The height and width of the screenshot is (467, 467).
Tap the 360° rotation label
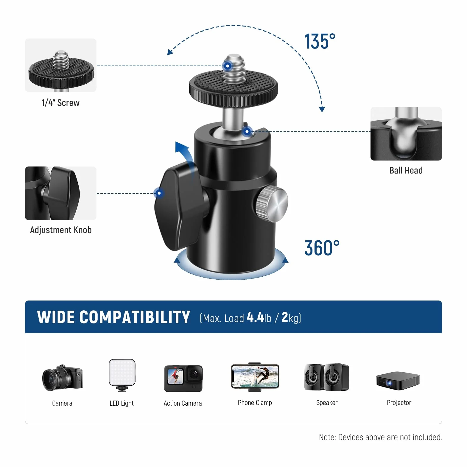pyautogui.click(x=322, y=248)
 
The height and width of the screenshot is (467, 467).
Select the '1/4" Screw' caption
pyautogui.click(x=60, y=103)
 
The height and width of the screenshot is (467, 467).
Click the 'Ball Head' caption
pyautogui.click(x=406, y=170)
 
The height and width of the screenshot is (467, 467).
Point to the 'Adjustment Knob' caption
pyautogui.click(x=61, y=230)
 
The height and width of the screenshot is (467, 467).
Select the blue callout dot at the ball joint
pyautogui.click(x=247, y=131)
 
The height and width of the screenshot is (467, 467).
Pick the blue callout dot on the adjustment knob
pyautogui.click(x=159, y=193)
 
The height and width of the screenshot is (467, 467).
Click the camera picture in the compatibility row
pyautogui.click(x=62, y=377)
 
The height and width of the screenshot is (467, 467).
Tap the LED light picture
pyautogui.click(x=122, y=375)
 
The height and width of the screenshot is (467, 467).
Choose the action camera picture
pyautogui.click(x=183, y=379)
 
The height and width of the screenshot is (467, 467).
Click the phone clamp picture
pyautogui.click(x=255, y=377)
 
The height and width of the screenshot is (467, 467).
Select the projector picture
pyautogui.click(x=398, y=380)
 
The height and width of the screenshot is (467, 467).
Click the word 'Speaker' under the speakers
pyautogui.click(x=327, y=403)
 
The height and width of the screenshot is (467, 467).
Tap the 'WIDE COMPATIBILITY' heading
pyautogui.click(x=113, y=317)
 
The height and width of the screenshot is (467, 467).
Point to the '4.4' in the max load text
pyautogui.click(x=255, y=317)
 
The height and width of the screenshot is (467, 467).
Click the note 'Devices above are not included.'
pyautogui.click(x=390, y=437)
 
